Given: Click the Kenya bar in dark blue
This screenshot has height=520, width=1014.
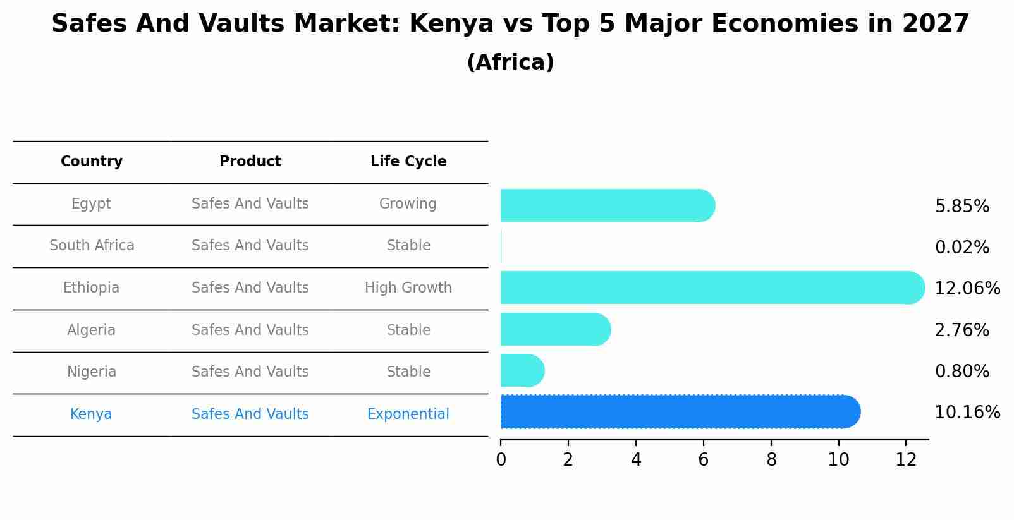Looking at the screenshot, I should pos(680,412).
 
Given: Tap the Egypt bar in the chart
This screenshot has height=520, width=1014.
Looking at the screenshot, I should pos(607,205).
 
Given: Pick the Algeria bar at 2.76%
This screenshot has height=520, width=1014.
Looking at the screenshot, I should pos(555,329).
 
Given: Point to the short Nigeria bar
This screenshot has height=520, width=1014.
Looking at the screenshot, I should pos(522,370).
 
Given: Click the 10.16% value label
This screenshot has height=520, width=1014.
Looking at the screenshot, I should pos(967,413).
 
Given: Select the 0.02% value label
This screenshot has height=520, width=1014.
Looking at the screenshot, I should pos(962,248).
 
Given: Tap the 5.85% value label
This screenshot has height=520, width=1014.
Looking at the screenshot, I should pos(962,207).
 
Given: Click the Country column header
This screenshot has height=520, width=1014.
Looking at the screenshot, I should pos(92,162).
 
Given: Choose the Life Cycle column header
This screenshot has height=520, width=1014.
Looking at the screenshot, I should pos(408,162).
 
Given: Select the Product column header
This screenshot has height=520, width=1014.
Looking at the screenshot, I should pos(250,162).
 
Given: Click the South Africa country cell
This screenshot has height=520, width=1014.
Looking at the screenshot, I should pos(92,246).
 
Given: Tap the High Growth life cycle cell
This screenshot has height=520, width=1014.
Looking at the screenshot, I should pos(408,288).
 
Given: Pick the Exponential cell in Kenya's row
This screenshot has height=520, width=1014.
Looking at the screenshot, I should pos(408,414).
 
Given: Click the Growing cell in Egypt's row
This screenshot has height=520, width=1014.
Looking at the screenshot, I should pos(408,204).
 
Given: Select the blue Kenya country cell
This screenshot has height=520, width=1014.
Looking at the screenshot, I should pos(91,414).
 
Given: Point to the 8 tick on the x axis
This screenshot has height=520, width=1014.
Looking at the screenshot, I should pos(771,460).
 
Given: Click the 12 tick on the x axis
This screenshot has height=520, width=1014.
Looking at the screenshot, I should pos(906,460).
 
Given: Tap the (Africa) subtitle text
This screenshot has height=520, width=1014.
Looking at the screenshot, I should pos(510,63).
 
